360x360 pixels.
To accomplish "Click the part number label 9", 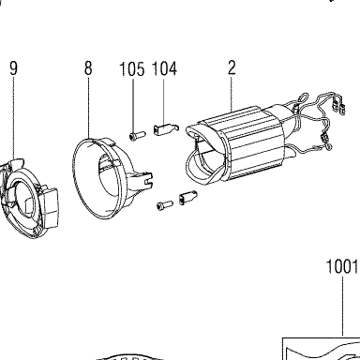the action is (14, 68).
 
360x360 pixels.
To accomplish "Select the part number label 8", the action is (88, 67).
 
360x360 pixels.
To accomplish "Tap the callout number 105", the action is (132, 69).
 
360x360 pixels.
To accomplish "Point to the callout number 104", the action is (164, 68).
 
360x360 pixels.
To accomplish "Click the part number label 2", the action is (232, 67).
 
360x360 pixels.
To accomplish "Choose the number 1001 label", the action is (341, 267).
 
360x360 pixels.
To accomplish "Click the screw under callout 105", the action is (138, 135).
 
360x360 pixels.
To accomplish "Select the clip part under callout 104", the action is (166, 128).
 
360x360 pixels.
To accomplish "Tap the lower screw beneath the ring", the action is (164, 205).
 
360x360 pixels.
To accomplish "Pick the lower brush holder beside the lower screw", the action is (187, 197).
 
